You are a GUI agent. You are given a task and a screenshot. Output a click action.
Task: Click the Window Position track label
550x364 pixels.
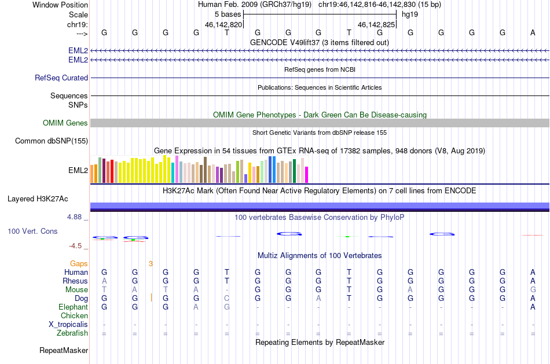click(x=60, y=5)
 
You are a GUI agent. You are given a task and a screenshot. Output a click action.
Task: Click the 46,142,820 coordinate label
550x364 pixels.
click(x=223, y=24)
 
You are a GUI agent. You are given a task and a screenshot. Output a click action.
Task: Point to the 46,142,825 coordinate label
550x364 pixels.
click(x=376, y=24)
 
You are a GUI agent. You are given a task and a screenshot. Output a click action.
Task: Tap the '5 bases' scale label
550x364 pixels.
click(x=228, y=14)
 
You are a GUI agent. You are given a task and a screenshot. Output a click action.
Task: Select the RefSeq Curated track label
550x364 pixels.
click(x=61, y=78)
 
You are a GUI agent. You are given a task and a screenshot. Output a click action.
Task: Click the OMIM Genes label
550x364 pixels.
click(x=65, y=123)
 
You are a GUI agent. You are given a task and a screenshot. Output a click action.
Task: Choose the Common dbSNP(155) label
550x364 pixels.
click(x=52, y=141)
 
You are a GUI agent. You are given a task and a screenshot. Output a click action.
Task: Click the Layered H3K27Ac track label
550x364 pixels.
click(x=38, y=199)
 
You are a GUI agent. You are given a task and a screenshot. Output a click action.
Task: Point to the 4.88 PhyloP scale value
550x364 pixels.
click(x=74, y=217)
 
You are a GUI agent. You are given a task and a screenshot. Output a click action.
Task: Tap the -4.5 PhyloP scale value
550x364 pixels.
click(x=75, y=246)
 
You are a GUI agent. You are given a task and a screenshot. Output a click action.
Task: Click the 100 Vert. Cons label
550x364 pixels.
click(x=32, y=231)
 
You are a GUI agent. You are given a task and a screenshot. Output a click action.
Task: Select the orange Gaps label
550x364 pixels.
click(x=79, y=263)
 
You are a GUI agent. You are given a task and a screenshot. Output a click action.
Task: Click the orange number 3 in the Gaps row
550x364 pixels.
click(x=151, y=264)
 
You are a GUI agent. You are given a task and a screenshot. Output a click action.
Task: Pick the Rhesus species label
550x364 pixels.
click(x=75, y=281)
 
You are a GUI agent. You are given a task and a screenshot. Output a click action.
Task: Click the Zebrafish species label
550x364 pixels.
click(x=72, y=333)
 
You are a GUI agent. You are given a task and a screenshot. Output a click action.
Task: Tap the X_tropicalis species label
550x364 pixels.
click(x=68, y=325)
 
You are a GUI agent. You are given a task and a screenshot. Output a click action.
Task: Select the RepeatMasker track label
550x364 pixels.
click(x=64, y=350)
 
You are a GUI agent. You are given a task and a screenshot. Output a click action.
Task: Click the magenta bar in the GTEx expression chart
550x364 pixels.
click(x=307, y=175)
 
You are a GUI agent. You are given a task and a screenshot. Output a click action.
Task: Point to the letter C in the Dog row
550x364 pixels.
click(x=227, y=299)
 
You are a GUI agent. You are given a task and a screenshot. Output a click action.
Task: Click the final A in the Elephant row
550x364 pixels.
click(x=533, y=307)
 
